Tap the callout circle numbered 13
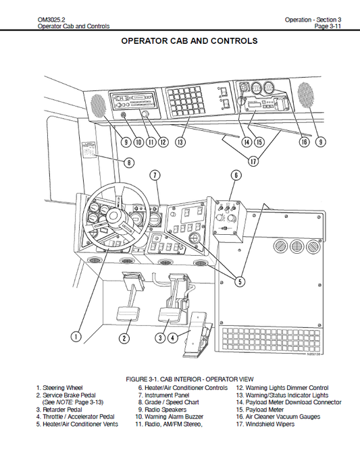pyautogui.click(x=180, y=142)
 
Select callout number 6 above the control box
pyautogui.click(x=236, y=175)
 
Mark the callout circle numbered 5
pyautogui.click(x=240, y=282)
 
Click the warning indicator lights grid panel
pyautogui.click(x=186, y=99)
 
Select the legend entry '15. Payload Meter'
pyautogui.click(x=259, y=410)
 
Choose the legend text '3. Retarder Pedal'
pyautogui.click(x=59, y=410)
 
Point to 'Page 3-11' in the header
pyautogui.click(x=330, y=26)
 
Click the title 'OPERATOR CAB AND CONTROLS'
pyautogui.click(x=188, y=41)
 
